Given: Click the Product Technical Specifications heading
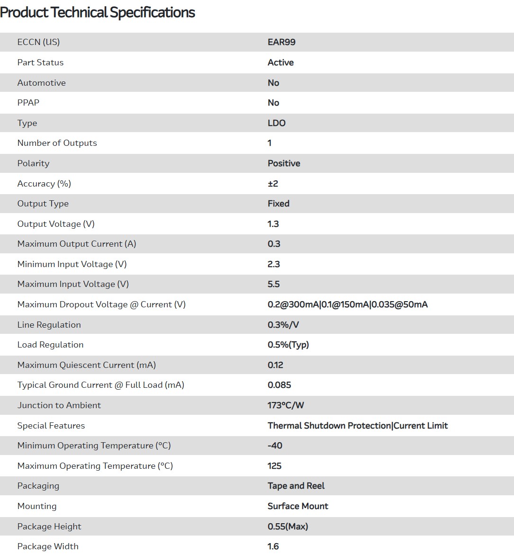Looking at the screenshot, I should click(98, 12).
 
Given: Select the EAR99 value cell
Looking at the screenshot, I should click(281, 42).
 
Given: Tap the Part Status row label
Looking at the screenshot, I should click(40, 63).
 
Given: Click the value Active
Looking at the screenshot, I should click(280, 63).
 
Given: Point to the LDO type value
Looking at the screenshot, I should click(277, 123).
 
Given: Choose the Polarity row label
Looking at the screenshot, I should click(33, 163).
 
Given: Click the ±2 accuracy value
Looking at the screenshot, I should click(273, 184).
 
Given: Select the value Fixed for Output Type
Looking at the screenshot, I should click(279, 204).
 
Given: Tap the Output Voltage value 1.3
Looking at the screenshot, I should click(273, 224).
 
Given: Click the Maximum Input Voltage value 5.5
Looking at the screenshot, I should click(274, 284).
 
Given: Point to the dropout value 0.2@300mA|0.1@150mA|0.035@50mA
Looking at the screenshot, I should click(347, 304).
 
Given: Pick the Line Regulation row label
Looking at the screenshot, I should click(49, 325).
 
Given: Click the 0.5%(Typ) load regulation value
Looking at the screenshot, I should click(288, 345).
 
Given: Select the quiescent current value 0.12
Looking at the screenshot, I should click(275, 365).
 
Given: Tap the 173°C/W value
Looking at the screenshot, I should click(286, 405).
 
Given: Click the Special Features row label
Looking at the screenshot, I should click(51, 426).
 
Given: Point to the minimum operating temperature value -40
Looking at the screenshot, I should click(275, 446).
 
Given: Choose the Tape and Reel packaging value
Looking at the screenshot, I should click(296, 486).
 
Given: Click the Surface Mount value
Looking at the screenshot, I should click(298, 506).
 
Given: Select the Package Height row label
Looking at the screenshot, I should click(49, 527).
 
